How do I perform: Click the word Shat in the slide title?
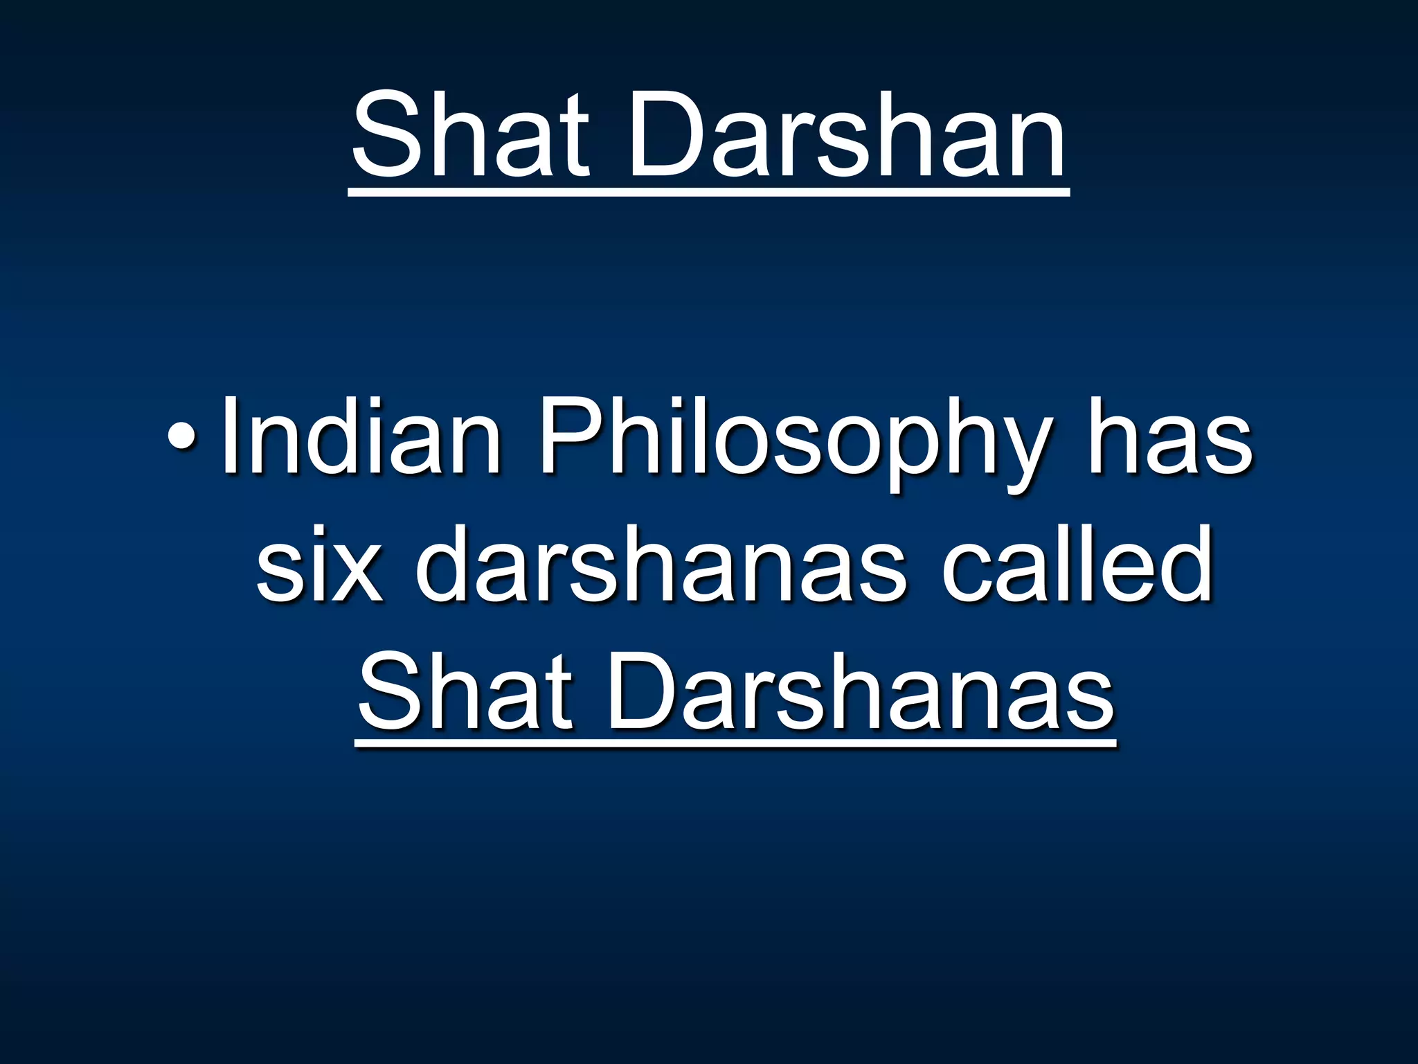point(470,135)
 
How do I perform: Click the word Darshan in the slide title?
point(845,135)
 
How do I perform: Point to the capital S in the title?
point(385,135)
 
